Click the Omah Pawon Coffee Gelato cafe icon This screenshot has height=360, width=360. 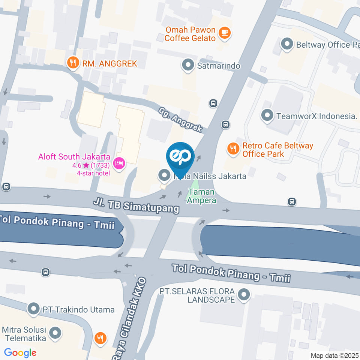225,33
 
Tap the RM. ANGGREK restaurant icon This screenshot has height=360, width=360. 72,63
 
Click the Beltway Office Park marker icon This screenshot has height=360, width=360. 287,44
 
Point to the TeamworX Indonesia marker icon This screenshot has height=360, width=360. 267,115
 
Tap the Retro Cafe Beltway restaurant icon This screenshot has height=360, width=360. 233,149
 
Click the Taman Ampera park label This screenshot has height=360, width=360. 202,196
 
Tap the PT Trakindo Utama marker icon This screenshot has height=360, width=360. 34,309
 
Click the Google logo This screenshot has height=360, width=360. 20,352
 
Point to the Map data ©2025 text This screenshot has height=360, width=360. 334,355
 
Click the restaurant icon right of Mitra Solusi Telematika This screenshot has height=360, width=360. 100,339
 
